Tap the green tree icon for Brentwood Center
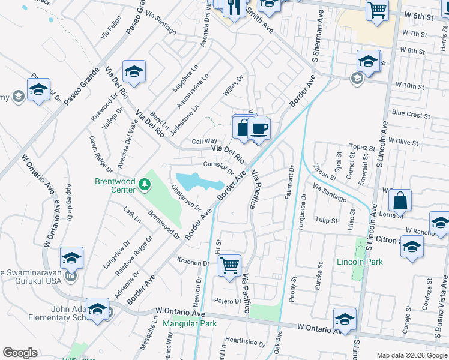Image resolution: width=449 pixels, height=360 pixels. point(144,184)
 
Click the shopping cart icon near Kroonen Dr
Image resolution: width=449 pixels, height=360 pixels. point(230,265)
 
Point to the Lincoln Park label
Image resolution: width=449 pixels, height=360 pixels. point(360,262)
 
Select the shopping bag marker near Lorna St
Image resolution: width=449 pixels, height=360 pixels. point(400,200)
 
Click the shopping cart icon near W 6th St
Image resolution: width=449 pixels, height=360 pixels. point(377,9)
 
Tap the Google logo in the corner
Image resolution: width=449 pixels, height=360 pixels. point(20,353)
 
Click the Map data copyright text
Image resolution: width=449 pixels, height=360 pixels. point(411,355)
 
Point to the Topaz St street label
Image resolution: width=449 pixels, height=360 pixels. point(363,147)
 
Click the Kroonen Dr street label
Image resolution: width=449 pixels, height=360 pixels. point(193,262)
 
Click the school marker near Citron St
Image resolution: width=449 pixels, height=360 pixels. point(412,245)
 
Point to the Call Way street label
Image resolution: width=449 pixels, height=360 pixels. point(204,142)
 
